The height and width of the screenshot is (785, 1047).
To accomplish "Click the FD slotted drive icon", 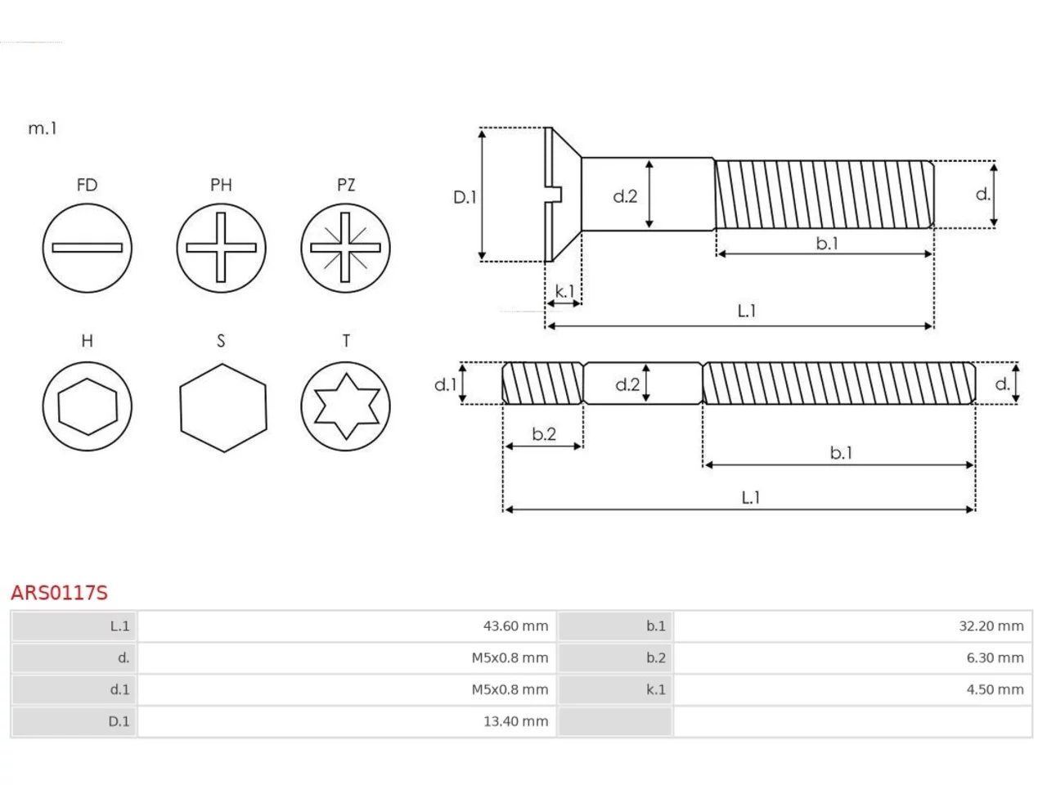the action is [88, 248].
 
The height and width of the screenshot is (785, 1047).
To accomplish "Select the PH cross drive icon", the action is [221, 248].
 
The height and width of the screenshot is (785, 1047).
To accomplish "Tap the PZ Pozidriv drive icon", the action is [345, 248].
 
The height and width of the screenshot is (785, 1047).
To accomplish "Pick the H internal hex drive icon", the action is [88, 406].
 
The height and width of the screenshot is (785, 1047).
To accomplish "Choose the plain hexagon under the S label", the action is [223, 408].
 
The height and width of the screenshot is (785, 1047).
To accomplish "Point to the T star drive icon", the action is [345, 406].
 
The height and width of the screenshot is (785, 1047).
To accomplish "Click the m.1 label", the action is [43, 128].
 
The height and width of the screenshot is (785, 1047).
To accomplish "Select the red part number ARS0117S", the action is [59, 593].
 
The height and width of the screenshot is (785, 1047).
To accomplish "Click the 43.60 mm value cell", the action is [347, 626].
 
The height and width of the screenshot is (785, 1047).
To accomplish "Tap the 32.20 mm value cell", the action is [852, 626].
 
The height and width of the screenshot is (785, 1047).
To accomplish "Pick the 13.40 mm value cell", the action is [347, 721].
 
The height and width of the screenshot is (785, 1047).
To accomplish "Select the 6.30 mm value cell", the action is [852, 657].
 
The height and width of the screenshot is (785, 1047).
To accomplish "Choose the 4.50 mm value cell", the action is [852, 689].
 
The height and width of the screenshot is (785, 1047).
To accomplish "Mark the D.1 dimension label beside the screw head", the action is [465, 197].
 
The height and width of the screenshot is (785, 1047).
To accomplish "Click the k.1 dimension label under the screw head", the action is [564, 291].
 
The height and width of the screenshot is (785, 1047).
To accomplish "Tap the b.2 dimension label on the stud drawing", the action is [544, 433].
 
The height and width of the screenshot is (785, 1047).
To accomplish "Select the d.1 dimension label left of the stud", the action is [446, 384].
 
